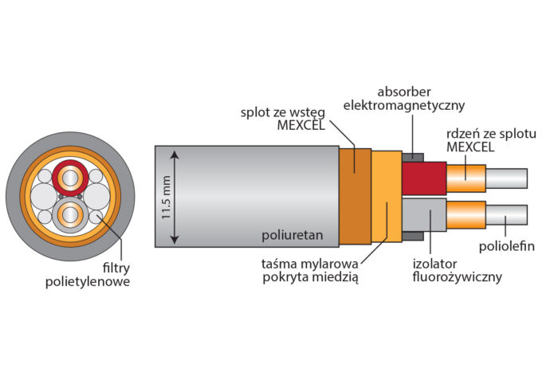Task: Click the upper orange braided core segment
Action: [466, 178]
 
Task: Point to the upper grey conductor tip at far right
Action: [507, 178]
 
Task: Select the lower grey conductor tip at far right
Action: [507, 214]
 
